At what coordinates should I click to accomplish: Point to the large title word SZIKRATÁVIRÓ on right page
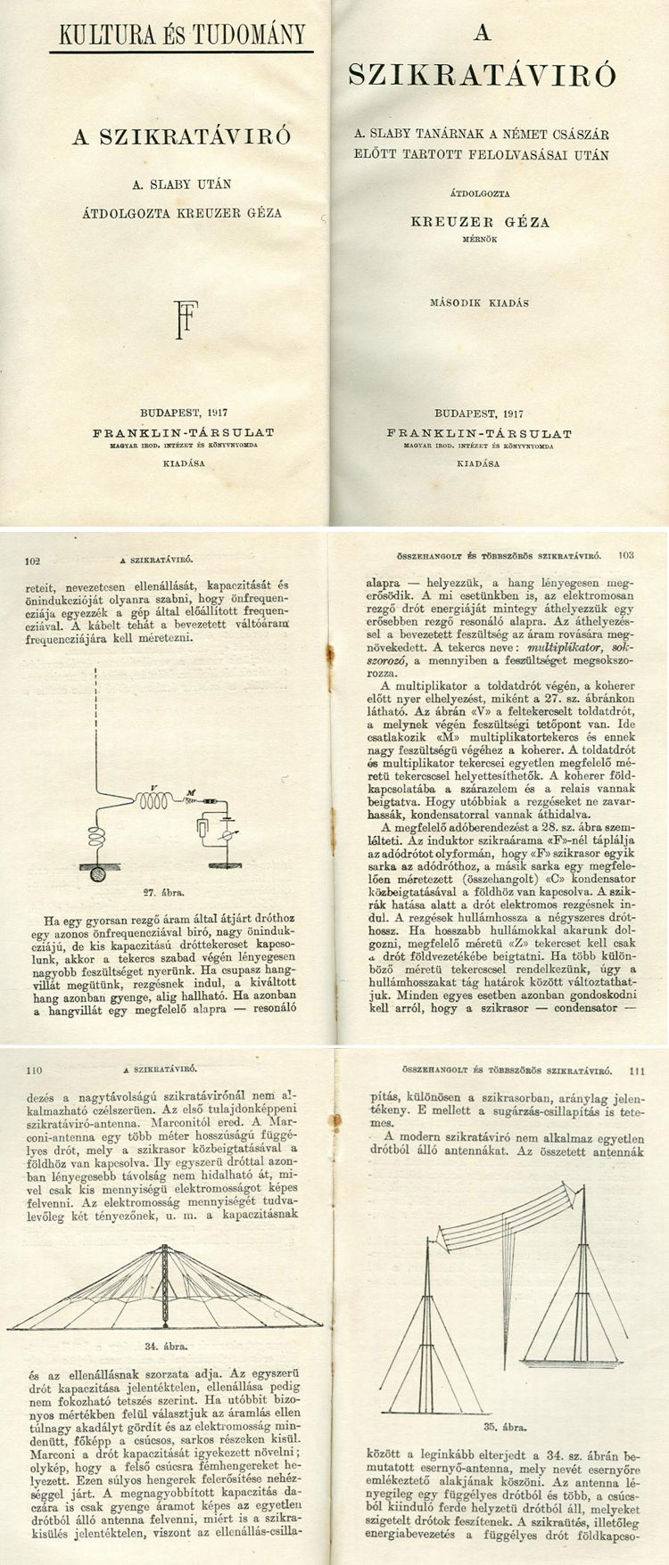coord(482,76)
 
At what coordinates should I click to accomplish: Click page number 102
coord(35,561)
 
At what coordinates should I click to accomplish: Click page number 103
coord(624,553)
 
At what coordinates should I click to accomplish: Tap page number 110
coord(35,1069)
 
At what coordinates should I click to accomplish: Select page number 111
coord(636,1072)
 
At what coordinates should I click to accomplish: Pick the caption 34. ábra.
coord(164,1347)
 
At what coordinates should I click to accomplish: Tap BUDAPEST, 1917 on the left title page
coord(184,413)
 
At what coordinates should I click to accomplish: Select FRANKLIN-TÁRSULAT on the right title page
coord(479,433)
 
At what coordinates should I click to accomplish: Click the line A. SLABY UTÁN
coord(181,184)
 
